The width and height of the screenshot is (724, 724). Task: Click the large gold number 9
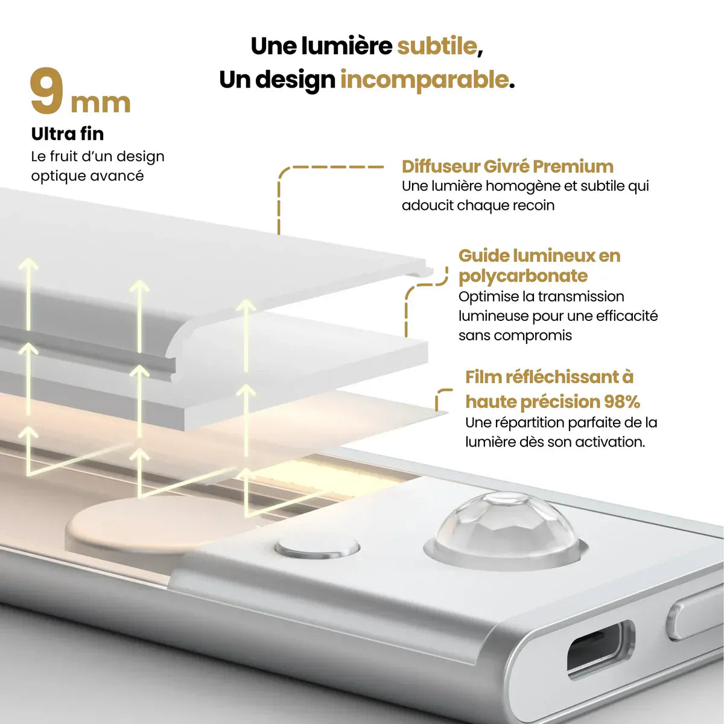[46, 92]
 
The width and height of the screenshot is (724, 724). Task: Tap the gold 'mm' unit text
[100, 103]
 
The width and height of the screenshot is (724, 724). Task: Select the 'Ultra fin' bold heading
[67, 133]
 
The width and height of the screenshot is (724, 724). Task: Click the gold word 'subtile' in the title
[436, 46]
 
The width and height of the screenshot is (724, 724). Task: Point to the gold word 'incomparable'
[424, 80]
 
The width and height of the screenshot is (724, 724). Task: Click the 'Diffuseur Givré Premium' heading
[507, 167]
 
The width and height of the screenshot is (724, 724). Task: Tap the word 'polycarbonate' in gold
[522, 276]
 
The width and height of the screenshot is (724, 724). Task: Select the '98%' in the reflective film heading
[621, 402]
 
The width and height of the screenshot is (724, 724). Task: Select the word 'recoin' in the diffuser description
[533, 206]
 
